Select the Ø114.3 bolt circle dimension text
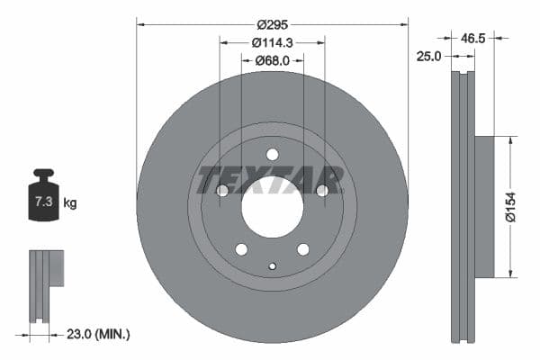coord(272,42)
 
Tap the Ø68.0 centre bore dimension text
coord(272,60)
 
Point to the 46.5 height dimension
coord(473,39)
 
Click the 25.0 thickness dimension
coord(428,57)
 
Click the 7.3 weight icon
coord(42,200)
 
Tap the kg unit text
coord(70,203)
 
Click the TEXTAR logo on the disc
coord(271,179)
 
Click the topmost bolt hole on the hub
coord(272,154)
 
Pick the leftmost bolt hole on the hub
coord(222,190)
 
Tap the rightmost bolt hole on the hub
coord(321,190)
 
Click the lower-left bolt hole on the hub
coord(241,248)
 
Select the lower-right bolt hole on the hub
coord(303,248)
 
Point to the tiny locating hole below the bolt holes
coord(272,265)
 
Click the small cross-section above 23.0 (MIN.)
coord(46,284)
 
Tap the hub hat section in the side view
coord(483,206)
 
